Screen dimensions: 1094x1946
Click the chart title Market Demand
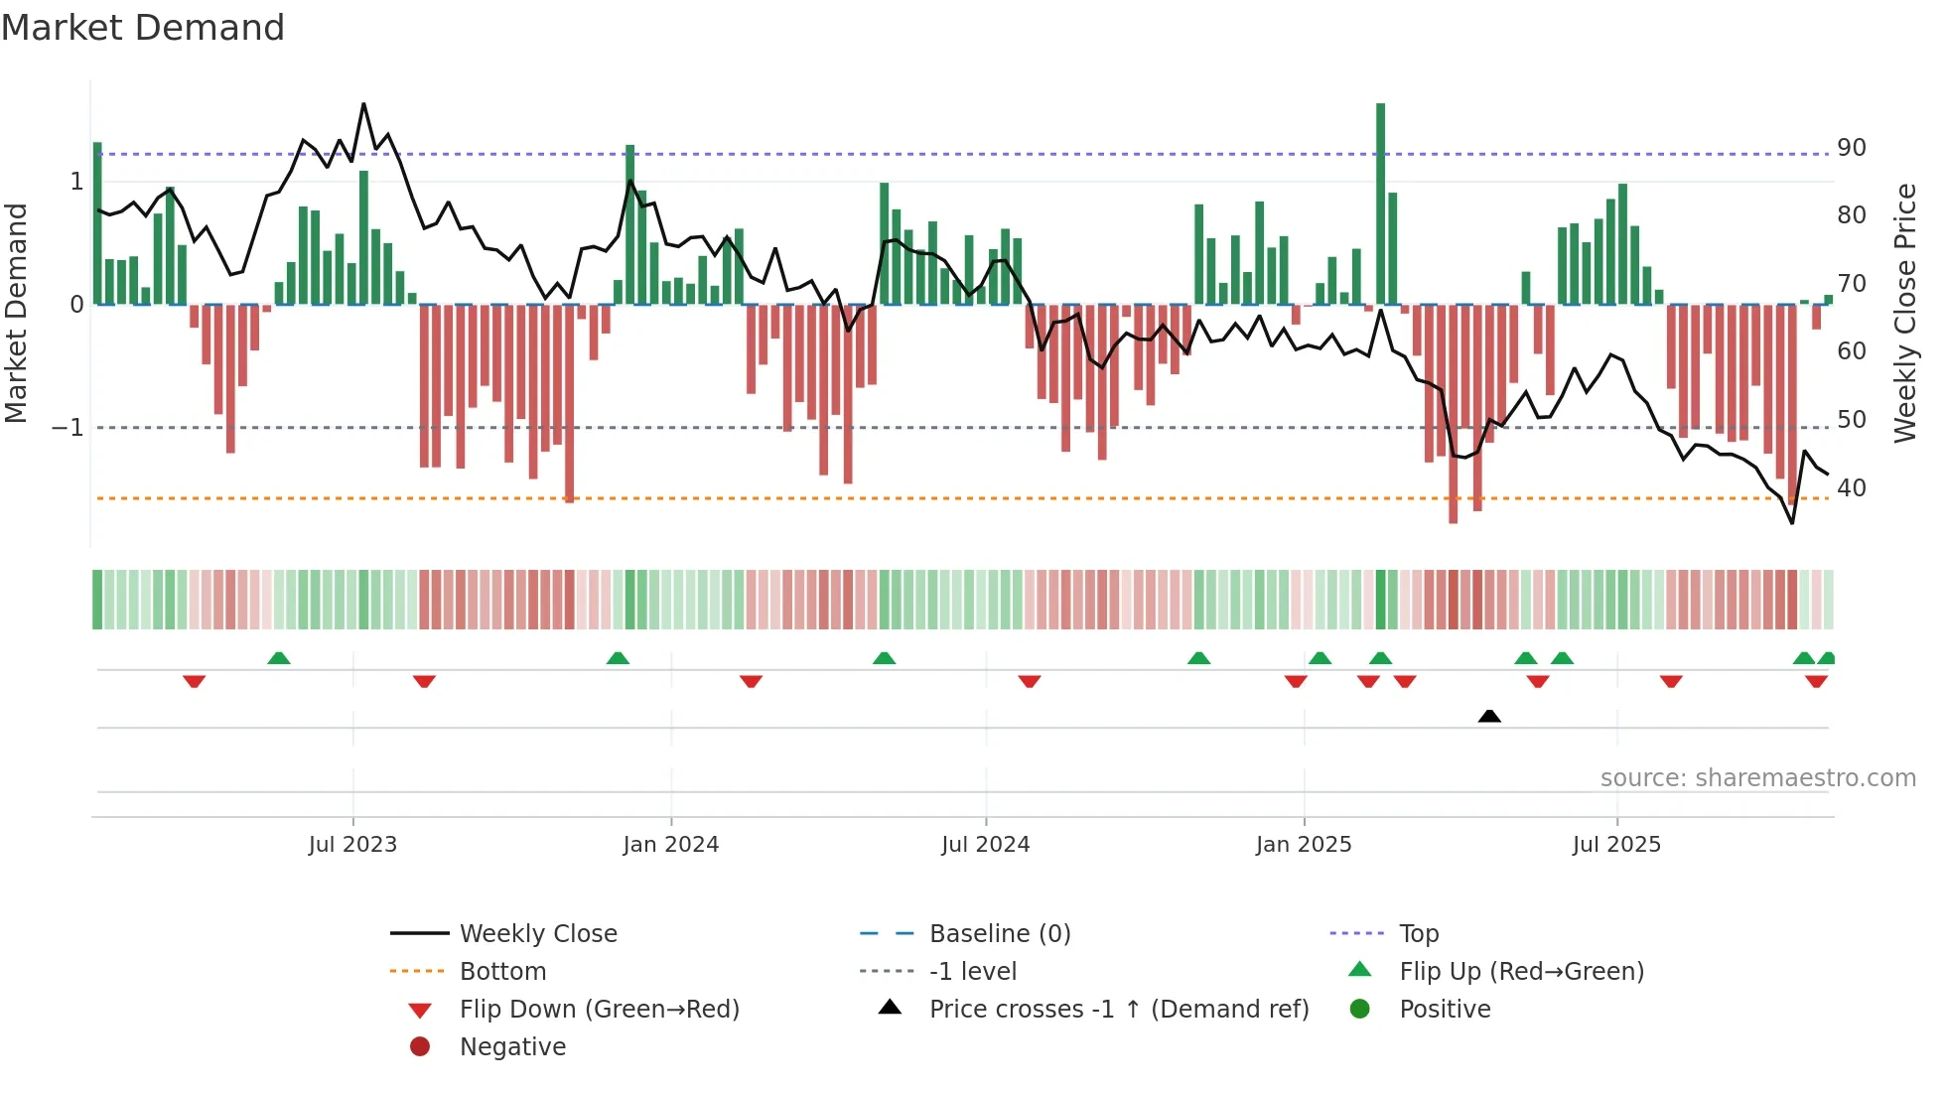pos(143,28)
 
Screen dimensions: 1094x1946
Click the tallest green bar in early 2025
pos(1380,204)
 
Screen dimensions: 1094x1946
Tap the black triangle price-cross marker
pos(1488,716)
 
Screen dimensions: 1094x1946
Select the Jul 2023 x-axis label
pos(352,844)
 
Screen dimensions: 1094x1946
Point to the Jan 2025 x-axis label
pos(1303,844)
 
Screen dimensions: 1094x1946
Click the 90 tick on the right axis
pos(1851,148)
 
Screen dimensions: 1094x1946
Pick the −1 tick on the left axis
pos(69,428)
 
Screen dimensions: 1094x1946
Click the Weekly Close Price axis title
pos(1904,313)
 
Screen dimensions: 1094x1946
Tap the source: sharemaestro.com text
pos(1757,777)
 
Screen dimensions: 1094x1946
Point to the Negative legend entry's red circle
pos(420,1046)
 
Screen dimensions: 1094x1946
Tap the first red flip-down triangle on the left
pos(195,681)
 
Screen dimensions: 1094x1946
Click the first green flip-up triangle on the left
pos(279,658)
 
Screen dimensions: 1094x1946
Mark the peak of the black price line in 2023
pos(363,103)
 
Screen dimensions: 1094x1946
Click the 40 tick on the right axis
pos(1851,488)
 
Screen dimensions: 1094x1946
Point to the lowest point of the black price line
pos(1792,523)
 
